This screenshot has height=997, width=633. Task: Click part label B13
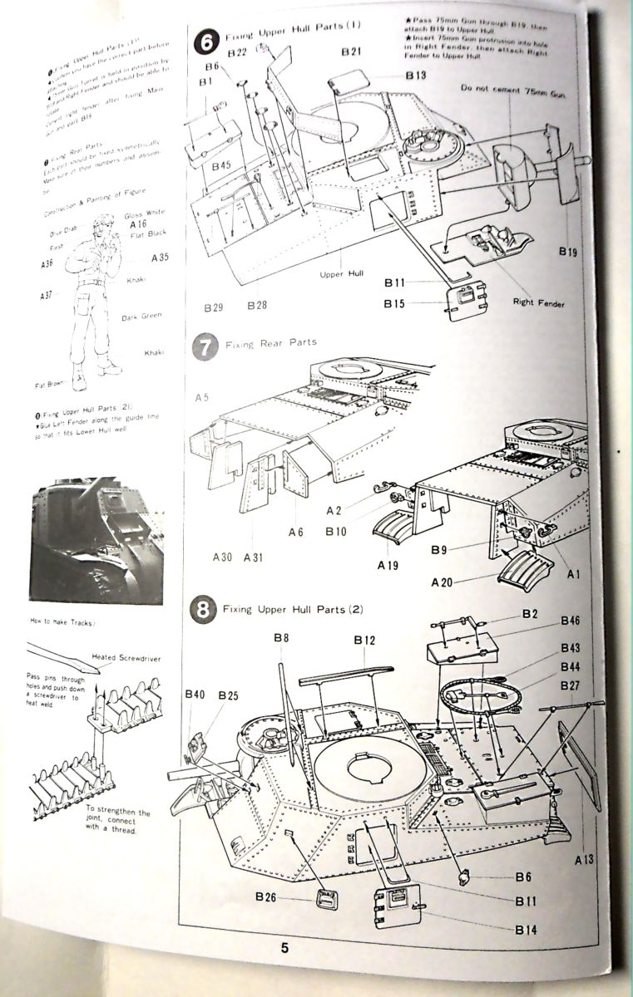(x=416, y=76)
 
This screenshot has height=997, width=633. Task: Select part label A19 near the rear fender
(x=388, y=565)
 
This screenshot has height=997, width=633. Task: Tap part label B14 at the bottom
(x=526, y=930)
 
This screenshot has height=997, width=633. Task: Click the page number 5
(x=284, y=949)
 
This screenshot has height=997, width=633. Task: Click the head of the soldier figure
(x=104, y=224)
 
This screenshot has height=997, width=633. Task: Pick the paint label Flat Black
(x=149, y=237)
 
